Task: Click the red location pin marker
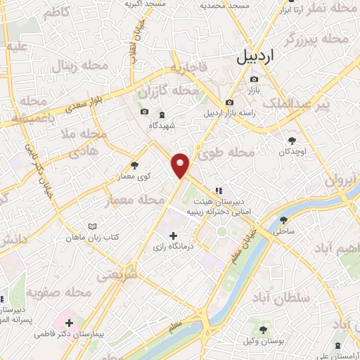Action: (x=181, y=165)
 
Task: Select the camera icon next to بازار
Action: (x=254, y=79)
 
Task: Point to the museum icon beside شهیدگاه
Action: (x=161, y=112)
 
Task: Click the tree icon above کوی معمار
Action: (x=134, y=166)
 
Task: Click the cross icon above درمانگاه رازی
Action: (x=173, y=234)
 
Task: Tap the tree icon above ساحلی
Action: (x=284, y=219)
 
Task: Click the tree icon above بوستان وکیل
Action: (x=263, y=329)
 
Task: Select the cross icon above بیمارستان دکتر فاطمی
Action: (x=69, y=322)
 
